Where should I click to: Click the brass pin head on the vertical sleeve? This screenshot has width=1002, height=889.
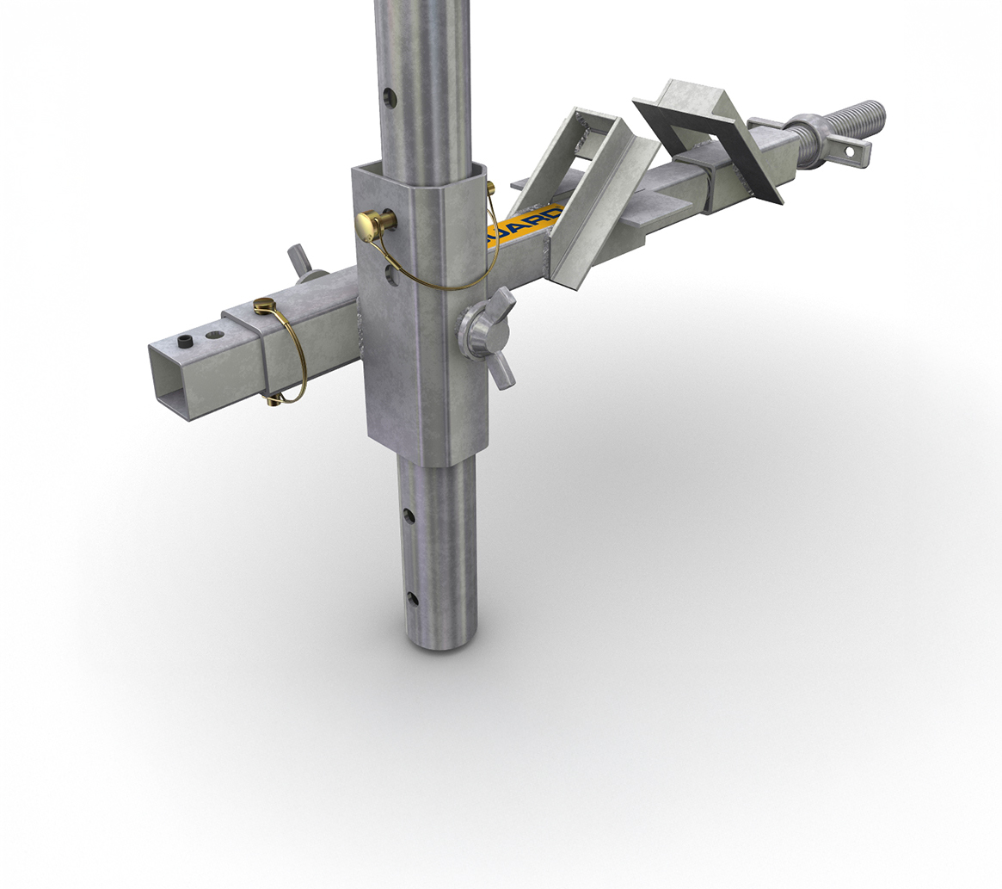(370, 225)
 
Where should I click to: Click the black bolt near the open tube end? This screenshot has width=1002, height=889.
(184, 342)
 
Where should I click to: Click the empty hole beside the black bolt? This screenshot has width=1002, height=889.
(212, 332)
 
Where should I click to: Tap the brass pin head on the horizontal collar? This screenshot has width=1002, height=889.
(265, 305)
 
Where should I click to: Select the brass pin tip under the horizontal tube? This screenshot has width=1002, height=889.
(275, 398)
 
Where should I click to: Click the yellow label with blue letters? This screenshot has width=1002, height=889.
(525, 225)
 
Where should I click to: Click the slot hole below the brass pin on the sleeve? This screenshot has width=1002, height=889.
(392, 275)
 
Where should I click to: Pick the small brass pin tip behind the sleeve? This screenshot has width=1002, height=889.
(490, 188)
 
